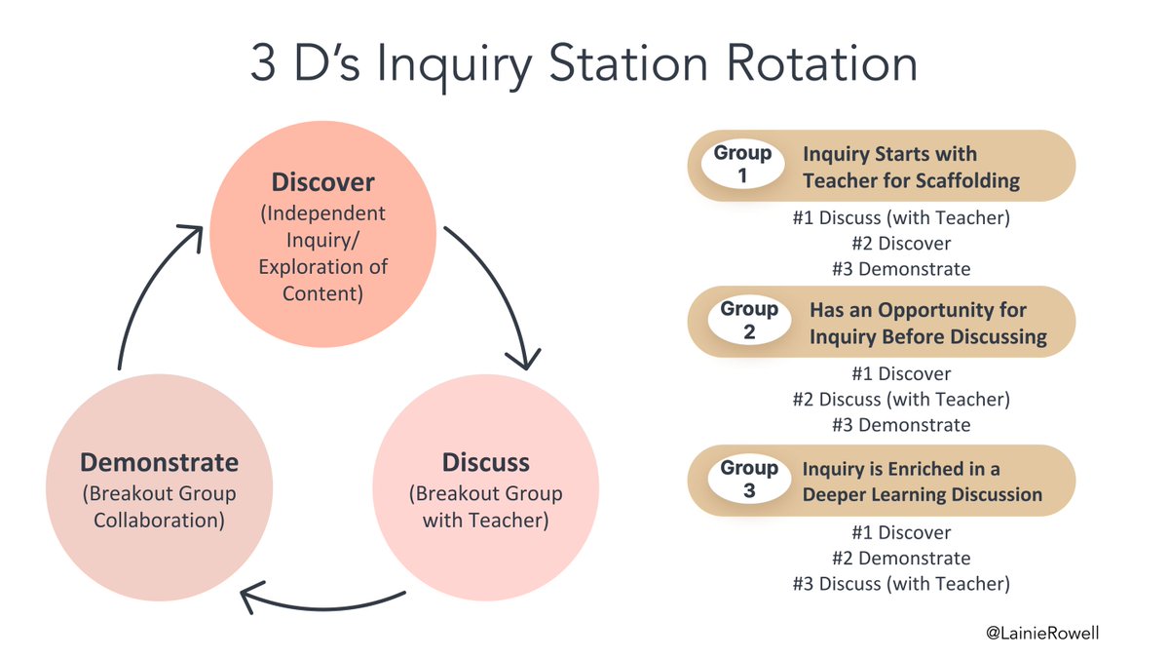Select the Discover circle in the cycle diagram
coord(322,239)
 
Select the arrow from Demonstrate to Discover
coord(146,292)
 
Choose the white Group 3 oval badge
coord(748,480)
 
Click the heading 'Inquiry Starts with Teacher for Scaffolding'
coord(911,167)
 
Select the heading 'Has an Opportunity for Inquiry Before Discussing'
coord(927,324)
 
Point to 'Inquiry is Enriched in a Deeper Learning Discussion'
coord(922,482)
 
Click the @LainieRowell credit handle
coord(1041,633)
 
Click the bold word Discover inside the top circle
coord(322,182)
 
